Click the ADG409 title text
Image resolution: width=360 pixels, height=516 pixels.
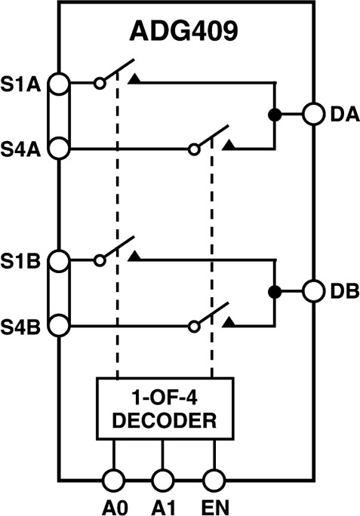180,34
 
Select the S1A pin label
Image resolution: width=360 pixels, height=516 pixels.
24,83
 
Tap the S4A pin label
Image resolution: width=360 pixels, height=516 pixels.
24,149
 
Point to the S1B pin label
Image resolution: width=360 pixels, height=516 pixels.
24,260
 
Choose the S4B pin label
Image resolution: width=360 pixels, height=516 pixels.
24,326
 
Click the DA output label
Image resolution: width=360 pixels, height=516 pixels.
343,115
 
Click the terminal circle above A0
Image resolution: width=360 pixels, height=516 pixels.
113,479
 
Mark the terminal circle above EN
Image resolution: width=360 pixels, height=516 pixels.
214,479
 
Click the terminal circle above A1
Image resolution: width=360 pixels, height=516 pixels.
162,479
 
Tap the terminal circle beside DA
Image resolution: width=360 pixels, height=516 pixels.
314,115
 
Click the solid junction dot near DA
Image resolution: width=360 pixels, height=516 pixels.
275,115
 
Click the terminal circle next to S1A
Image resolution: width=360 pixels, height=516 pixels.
59,83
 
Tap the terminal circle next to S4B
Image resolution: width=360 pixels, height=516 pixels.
59,326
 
